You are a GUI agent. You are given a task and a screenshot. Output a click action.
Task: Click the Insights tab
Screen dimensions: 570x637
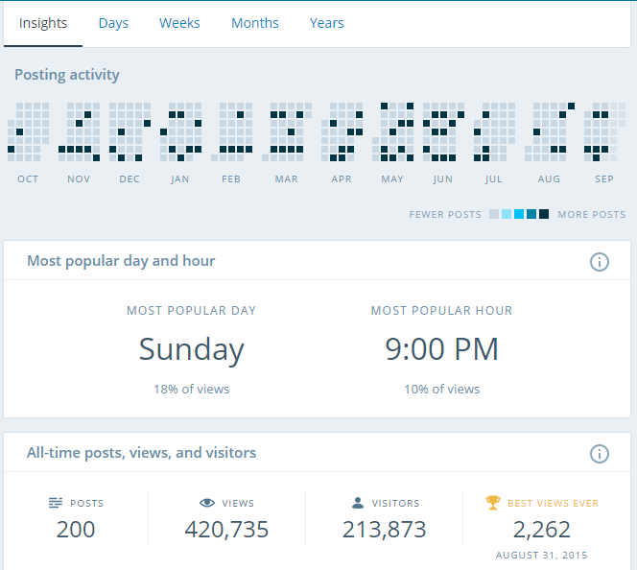(x=43, y=23)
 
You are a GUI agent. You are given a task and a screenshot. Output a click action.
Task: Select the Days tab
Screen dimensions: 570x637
(x=113, y=23)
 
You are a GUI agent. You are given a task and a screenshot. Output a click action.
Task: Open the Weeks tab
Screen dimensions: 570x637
(x=179, y=23)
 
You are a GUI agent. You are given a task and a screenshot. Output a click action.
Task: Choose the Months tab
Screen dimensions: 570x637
(x=255, y=23)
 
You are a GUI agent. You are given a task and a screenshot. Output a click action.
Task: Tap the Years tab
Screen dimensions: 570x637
(x=326, y=23)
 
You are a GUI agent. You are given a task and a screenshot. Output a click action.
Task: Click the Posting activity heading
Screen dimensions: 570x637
(x=67, y=75)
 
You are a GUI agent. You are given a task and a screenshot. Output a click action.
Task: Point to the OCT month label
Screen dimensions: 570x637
(x=28, y=179)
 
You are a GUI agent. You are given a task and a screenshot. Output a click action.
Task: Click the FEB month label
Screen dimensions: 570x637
(x=231, y=179)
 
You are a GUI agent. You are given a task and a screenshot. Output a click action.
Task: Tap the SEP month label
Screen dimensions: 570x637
(x=604, y=179)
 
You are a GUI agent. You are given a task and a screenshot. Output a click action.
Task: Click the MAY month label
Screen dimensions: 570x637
(x=392, y=179)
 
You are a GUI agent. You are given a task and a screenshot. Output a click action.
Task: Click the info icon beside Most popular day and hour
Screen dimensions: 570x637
(x=600, y=261)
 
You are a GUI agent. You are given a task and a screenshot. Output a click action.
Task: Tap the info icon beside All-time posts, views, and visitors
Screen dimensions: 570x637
(x=600, y=453)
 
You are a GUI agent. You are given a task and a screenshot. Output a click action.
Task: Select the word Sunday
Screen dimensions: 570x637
(x=191, y=349)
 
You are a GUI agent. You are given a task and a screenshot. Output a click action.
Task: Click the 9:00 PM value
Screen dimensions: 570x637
(x=441, y=349)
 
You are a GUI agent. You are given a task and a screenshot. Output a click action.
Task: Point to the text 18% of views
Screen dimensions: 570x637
(x=191, y=390)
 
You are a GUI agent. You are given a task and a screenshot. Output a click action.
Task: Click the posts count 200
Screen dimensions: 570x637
(x=76, y=529)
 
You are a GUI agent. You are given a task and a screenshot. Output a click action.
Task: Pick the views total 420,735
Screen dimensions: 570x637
(x=226, y=529)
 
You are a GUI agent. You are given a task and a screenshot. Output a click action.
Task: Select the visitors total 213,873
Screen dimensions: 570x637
(x=384, y=529)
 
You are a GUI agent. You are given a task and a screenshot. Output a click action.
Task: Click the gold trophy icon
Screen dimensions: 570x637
(x=493, y=502)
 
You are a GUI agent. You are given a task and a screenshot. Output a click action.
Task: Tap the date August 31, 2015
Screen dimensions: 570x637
(x=542, y=556)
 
